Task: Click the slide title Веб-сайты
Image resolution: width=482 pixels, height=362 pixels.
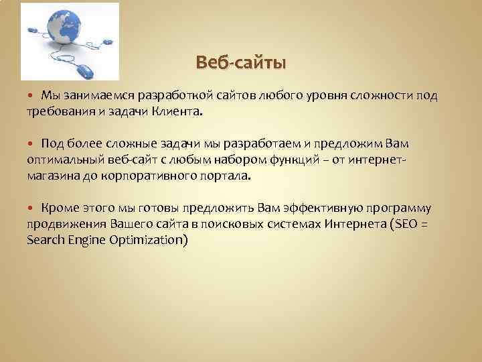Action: coord(240,63)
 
